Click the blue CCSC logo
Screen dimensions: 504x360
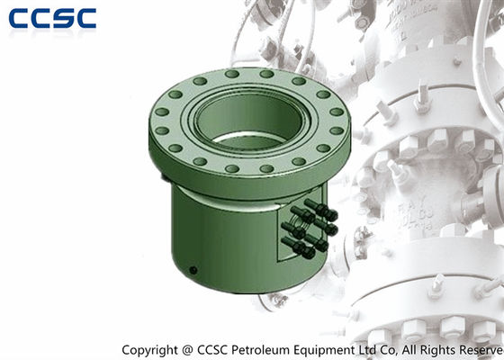click(52, 18)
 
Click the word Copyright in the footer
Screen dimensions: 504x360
click(149, 350)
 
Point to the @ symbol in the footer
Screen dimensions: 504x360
click(187, 350)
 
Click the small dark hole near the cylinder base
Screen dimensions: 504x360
click(193, 270)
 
